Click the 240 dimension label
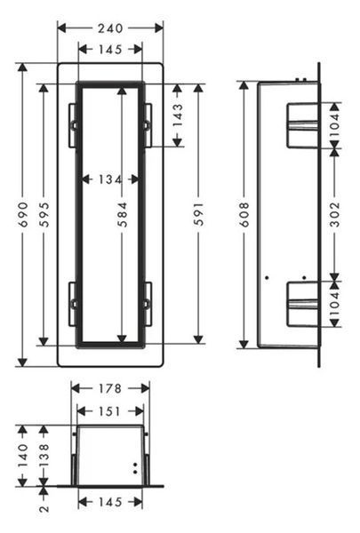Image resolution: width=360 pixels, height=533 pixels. coord(110,28)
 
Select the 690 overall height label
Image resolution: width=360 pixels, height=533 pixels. coord(23,214)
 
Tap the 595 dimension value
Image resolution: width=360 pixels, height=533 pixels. coord(44,214)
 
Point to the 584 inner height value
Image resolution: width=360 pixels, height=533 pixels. coord(122,214)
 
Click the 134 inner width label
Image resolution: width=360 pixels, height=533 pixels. coord(110,179)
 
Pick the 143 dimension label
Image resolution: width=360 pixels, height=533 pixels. coord(177,115)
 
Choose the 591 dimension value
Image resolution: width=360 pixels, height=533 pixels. coord(198,214)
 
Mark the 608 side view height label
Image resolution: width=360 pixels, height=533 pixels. coord(244,214)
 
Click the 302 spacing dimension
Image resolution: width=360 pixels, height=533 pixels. coord(335,214)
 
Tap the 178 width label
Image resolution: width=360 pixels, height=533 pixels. coord(110,388)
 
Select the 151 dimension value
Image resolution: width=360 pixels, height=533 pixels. coord(110,411)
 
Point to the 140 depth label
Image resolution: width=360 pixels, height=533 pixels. coord(23,456)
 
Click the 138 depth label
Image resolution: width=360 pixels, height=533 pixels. coord(44,456)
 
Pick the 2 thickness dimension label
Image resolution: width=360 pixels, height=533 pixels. coord(44,508)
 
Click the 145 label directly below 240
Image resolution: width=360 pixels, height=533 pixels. coord(110,50)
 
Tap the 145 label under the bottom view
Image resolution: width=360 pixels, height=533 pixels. coord(110,502)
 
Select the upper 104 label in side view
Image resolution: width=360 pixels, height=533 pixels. coord(335,124)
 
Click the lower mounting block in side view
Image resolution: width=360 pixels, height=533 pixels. coord(302,304)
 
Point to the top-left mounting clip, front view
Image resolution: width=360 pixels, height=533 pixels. coord(73,125)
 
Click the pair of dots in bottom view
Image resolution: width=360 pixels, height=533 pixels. coord(135,468)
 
